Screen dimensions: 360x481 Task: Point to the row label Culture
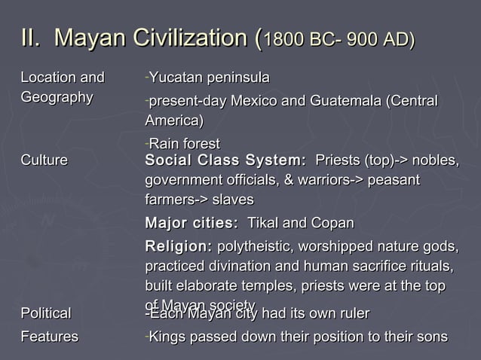point(44,160)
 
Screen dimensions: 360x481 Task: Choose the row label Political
point(46,313)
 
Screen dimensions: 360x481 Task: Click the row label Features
point(49,336)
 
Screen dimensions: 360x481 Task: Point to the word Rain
point(161,144)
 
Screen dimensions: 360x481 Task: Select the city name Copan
point(331,224)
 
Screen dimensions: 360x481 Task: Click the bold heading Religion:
point(179,246)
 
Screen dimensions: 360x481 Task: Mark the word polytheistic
point(253,246)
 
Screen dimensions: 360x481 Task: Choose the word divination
point(233,267)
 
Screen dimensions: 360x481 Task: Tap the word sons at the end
point(433,336)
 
